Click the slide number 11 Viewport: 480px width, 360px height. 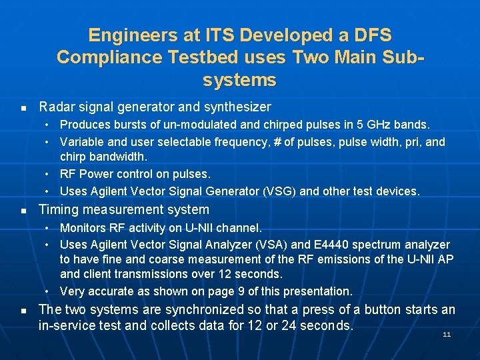(447, 334)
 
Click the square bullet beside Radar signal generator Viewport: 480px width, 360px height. (23, 107)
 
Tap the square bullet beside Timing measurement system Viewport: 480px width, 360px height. (23, 210)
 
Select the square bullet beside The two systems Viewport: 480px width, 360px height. (23, 311)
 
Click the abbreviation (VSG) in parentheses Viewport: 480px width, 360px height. (280, 191)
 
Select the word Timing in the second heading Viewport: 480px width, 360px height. (59, 209)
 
